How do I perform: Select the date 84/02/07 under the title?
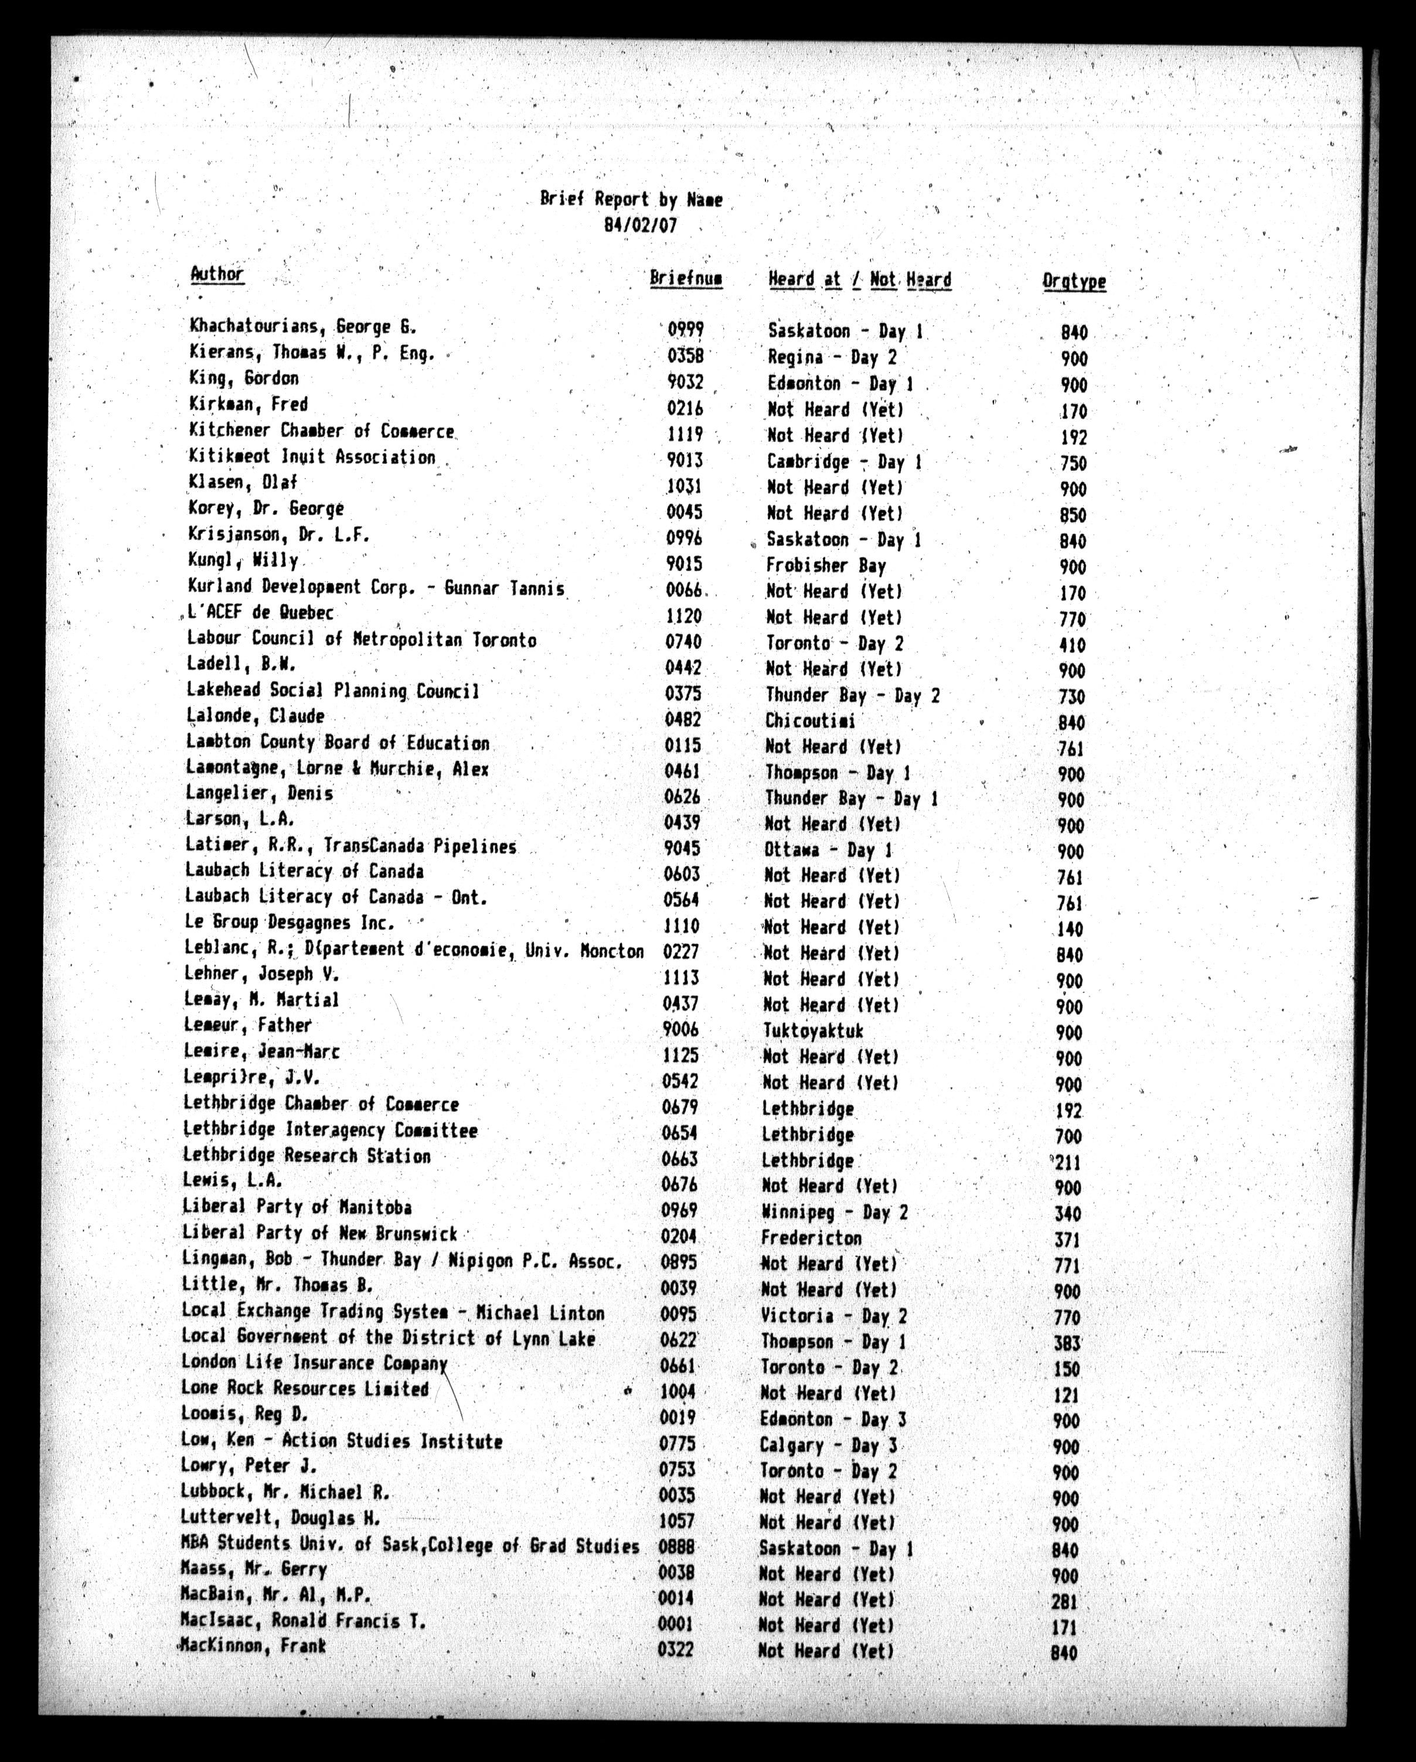640,225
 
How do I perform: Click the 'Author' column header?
217,274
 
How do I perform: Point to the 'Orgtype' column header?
1074,281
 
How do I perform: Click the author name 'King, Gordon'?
244,378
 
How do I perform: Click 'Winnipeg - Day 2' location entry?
833,1212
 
